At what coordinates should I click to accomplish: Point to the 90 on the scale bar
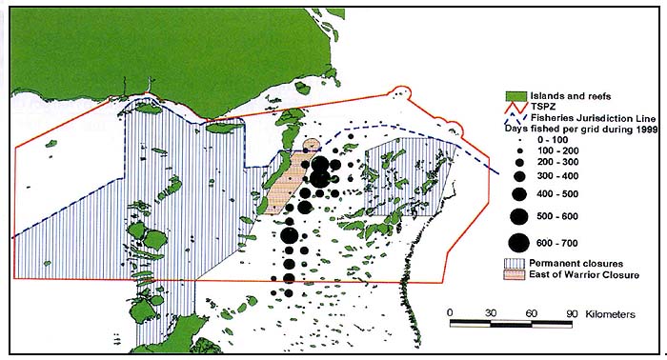tap(572, 312)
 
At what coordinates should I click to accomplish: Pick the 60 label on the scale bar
tap(532, 312)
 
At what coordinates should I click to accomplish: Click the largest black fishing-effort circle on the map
tap(320, 172)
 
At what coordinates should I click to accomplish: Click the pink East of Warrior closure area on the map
tap(283, 190)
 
